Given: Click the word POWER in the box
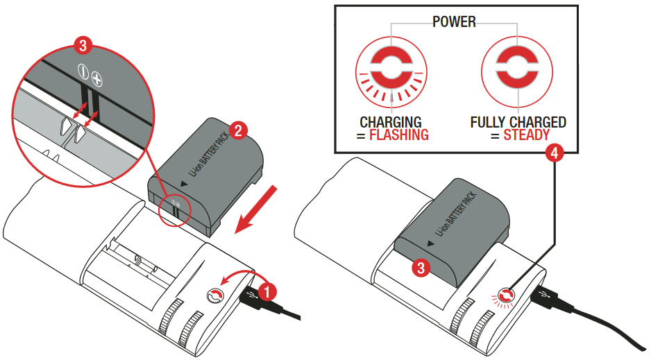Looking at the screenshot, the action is tap(454, 22).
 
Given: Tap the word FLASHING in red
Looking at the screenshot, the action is tap(398, 135).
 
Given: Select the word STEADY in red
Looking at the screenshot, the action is tap(527, 135).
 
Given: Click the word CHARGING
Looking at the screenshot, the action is tap(391, 122).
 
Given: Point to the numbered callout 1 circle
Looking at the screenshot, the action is tap(267, 291).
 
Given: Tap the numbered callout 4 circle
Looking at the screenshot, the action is tap(555, 153).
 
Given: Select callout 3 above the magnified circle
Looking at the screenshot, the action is tap(83, 45).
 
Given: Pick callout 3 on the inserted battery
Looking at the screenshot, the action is tap(421, 268).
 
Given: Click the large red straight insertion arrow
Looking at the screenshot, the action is tap(255, 209).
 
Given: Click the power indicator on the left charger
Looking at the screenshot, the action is tap(215, 295).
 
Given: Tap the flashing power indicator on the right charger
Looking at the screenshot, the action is tap(507, 296).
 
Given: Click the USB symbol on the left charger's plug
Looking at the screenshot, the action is tap(251, 295).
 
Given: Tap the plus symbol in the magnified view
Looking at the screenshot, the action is tap(96, 80).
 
